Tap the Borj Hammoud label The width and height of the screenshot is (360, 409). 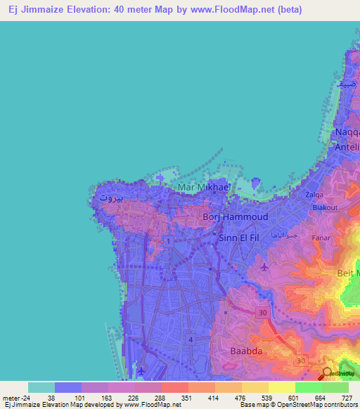coord(235,218)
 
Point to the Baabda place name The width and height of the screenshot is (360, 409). coord(245,349)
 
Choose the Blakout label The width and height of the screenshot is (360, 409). coord(325,207)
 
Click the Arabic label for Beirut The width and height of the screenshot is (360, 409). coord(111,197)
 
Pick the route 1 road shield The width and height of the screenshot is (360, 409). coord(169,241)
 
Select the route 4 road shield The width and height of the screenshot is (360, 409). coord(190,339)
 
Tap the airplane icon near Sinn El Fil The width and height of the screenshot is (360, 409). coord(264,267)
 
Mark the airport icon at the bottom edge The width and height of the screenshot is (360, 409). coord(141,370)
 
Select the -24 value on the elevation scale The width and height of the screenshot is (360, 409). coord(27,397)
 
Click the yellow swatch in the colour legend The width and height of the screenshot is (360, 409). coord(281,387)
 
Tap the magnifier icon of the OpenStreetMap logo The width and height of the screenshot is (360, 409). coord(327,372)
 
